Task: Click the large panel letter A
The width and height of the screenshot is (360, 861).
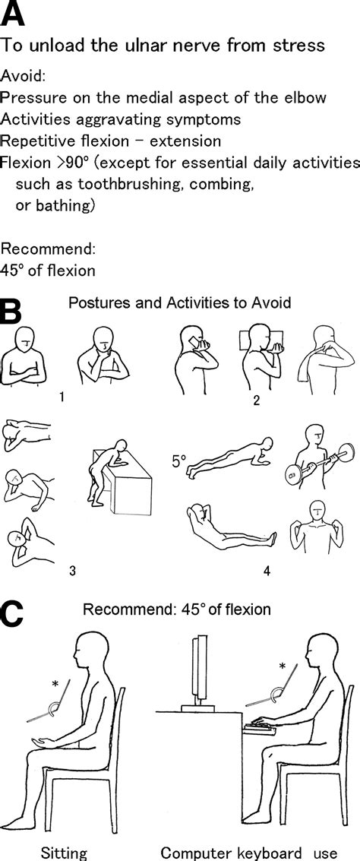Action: (x=12, y=13)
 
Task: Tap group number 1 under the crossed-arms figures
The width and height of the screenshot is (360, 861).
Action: (x=62, y=395)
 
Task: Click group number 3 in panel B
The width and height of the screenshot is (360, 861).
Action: (x=71, y=571)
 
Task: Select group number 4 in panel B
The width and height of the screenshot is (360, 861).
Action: (x=267, y=571)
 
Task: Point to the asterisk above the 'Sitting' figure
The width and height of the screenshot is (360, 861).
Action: (x=55, y=683)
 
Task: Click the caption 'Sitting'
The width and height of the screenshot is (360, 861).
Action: (x=65, y=853)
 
